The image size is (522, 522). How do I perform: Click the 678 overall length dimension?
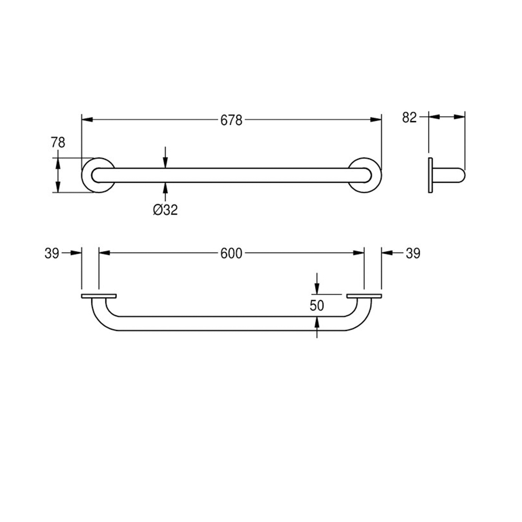coord(231,120)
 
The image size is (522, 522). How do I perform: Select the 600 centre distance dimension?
coord(231,253)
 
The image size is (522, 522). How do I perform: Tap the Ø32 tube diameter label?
coord(165,210)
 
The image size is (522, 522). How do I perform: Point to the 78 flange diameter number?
coord(58,143)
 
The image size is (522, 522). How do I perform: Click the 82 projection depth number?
coord(409,117)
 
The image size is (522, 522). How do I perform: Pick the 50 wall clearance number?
coord(317,305)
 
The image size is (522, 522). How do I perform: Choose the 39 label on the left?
coord(52,254)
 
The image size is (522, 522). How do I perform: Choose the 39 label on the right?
coord(413,253)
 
